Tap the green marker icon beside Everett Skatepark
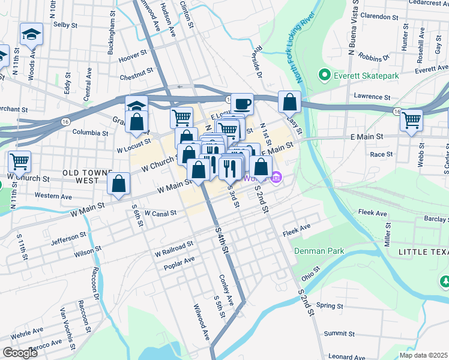point(325,76)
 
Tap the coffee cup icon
point(242,104)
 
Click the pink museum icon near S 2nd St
point(276,177)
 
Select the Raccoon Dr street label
point(95,287)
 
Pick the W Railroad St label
point(173,245)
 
